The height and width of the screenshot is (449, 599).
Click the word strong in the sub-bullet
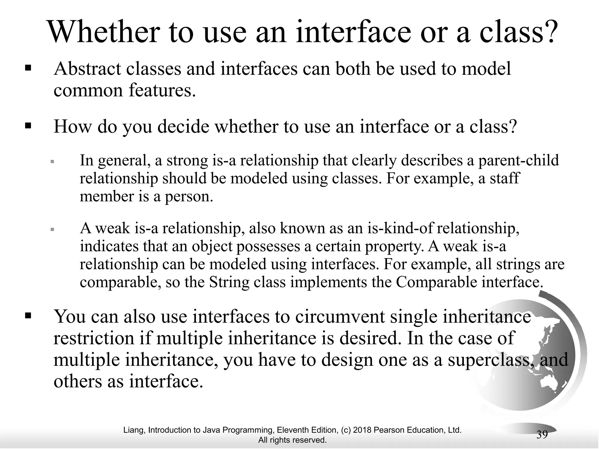187,160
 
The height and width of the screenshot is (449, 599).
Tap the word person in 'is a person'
189,196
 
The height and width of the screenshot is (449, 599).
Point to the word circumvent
340,317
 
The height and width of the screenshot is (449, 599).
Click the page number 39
542,435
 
